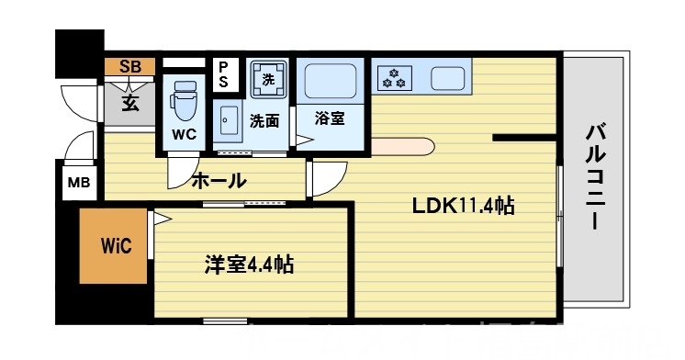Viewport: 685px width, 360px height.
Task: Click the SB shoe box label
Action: [x=130, y=66]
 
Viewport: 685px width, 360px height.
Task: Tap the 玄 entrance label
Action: [x=130, y=102]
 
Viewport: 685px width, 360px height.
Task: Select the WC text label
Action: [x=184, y=133]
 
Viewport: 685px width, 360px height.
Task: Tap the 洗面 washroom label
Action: [x=264, y=120]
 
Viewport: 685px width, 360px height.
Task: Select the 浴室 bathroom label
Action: [x=330, y=118]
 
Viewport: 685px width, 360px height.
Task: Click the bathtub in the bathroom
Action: [x=331, y=81]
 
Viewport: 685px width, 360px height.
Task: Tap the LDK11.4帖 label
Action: [x=461, y=206]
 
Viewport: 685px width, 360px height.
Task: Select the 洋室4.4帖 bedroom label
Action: [x=248, y=266]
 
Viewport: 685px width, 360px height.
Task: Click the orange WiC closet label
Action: [x=116, y=246]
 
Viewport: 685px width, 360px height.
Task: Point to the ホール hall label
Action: [x=218, y=180]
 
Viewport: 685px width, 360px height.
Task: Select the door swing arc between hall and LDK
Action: [x=326, y=176]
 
